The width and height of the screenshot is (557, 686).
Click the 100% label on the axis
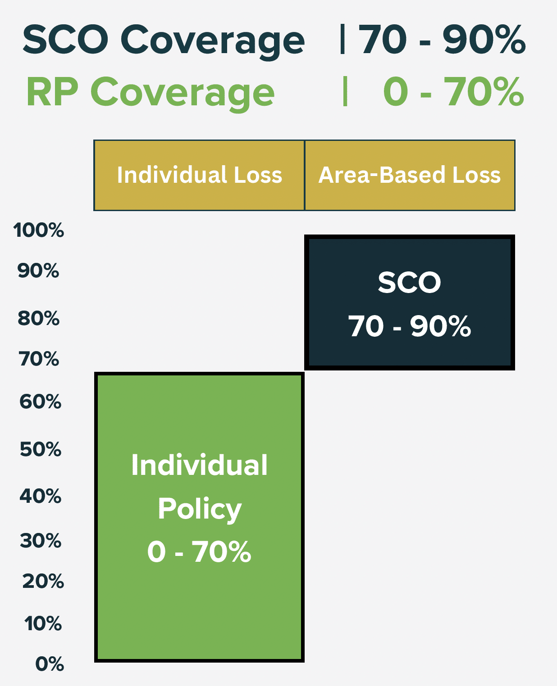click(x=38, y=230)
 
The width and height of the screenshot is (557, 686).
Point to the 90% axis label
click(x=38, y=271)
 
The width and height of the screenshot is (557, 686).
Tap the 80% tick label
click(x=38, y=319)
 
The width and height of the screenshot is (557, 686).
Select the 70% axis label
click(x=39, y=359)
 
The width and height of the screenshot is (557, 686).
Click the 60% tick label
click(x=40, y=402)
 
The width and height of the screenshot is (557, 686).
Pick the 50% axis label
click(x=41, y=449)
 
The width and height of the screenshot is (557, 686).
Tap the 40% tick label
click(x=40, y=496)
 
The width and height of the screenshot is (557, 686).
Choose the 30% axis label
click(x=41, y=541)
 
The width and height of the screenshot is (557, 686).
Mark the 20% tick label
click(x=43, y=581)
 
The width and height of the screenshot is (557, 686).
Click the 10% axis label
click(x=43, y=623)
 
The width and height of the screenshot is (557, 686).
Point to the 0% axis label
click(x=50, y=664)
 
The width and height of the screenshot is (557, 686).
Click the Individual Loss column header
click(x=200, y=175)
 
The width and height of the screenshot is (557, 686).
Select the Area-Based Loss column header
click(x=410, y=175)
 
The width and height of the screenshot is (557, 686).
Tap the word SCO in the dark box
click(x=409, y=282)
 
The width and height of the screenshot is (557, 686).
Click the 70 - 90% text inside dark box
click(x=409, y=326)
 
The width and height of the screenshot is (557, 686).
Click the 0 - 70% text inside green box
click(x=199, y=552)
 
